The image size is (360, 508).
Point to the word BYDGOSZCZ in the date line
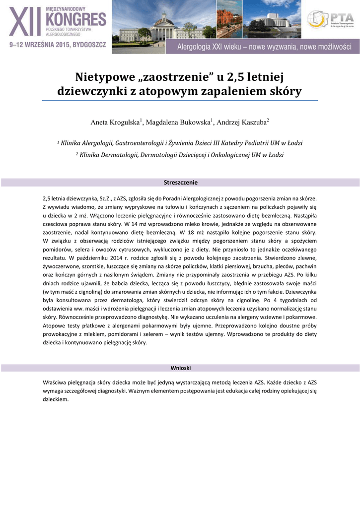pyautogui.click(x=89, y=45)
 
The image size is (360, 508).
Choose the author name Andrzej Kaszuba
pyautogui.click(x=241, y=122)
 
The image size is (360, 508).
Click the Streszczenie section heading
pyautogui.click(x=180, y=183)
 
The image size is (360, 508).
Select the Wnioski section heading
pyautogui.click(x=180, y=368)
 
